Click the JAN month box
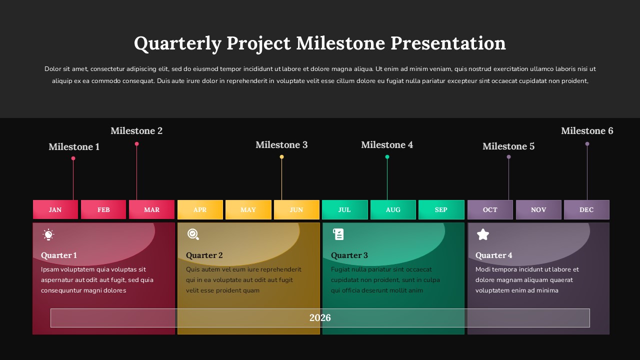coord(55,209)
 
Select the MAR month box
coord(151,209)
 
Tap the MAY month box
coord(248,209)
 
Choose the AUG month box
coord(393,209)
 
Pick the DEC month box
coord(586,209)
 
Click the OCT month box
coord(490,209)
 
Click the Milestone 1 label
coord(74,146)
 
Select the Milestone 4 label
coord(387,144)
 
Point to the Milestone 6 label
coord(587,130)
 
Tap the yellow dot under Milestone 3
coord(281,157)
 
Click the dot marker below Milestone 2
coord(136,144)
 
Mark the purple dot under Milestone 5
coord(508,157)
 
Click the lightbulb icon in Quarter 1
coord(48,234)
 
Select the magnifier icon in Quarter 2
coord(193,234)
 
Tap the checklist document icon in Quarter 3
coord(338,234)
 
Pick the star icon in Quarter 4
coord(482,234)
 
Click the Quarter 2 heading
coord(204,255)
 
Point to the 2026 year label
coord(320,317)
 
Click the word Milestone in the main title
coord(340,43)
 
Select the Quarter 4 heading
coord(494,255)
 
